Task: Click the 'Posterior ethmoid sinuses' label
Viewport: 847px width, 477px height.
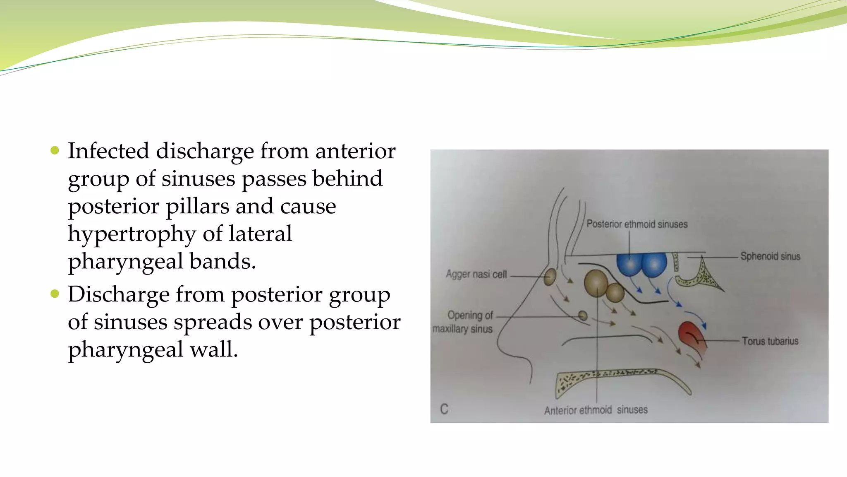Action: coord(637,224)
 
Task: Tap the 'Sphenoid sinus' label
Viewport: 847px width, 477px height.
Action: coord(770,256)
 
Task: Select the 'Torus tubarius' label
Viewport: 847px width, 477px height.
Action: coord(770,341)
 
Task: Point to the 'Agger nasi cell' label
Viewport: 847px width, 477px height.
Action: coord(476,274)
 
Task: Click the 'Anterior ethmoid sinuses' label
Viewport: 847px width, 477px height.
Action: coord(596,410)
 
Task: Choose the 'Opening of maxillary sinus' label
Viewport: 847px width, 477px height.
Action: coord(463,322)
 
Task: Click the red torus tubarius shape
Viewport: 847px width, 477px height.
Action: coord(692,336)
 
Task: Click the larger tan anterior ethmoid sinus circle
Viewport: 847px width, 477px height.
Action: coord(596,283)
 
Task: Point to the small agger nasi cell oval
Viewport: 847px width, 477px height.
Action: coord(550,277)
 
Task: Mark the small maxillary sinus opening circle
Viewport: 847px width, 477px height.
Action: coord(583,316)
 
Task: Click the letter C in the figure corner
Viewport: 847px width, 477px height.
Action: coord(444,409)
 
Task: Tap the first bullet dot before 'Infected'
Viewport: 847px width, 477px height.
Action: coord(55,150)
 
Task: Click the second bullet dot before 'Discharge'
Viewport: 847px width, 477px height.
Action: coord(55,294)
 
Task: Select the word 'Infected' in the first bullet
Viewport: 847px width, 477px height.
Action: coord(108,151)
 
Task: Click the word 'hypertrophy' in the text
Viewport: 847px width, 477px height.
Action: coord(132,234)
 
